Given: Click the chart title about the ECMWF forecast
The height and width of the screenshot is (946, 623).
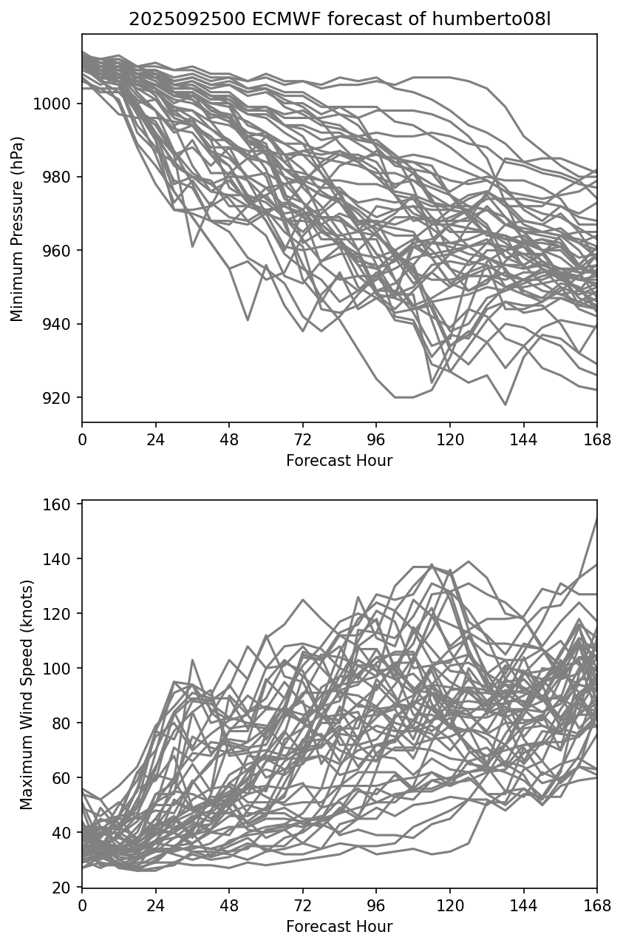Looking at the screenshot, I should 339,19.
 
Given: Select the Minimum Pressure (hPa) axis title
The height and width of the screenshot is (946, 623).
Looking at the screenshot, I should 17,229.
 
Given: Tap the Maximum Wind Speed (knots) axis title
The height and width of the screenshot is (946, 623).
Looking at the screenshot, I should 27,694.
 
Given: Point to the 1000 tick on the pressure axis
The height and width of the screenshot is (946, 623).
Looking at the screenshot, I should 54,104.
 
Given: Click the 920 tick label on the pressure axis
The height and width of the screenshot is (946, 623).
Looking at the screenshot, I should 58,398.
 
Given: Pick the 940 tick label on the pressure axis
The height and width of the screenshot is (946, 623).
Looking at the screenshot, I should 58,324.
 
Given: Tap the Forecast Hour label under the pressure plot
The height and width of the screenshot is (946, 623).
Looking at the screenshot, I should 339,461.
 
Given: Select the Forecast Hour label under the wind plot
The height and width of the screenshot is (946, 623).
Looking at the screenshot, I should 339,927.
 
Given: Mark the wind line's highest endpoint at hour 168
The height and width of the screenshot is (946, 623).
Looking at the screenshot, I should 596,518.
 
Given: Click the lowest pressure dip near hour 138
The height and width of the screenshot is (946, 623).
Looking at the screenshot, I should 505,405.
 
